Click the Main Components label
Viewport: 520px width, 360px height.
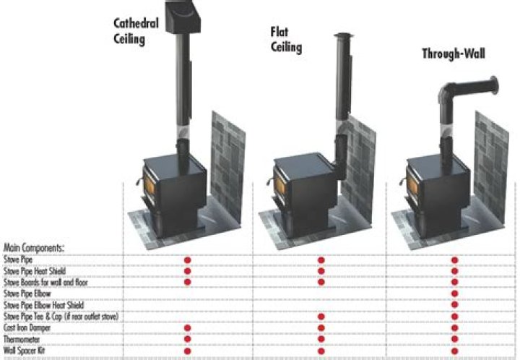click(x=34, y=247)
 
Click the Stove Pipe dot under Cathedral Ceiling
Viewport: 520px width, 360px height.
click(x=188, y=259)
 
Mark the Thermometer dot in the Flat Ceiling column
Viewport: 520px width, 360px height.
click(x=321, y=339)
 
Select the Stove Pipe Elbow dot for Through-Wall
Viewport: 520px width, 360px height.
click(x=454, y=293)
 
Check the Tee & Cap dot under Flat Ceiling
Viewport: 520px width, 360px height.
click(x=321, y=317)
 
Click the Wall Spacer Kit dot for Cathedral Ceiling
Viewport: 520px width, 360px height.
click(x=188, y=351)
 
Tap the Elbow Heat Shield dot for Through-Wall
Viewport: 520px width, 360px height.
click(x=454, y=305)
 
